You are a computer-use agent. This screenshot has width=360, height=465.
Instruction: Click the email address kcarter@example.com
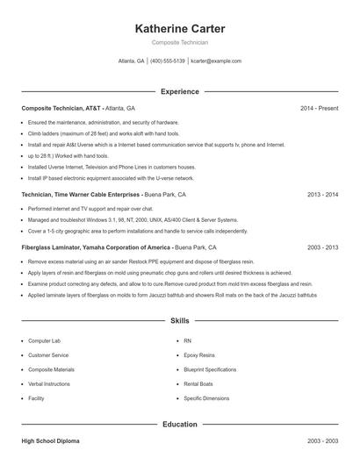[216, 61]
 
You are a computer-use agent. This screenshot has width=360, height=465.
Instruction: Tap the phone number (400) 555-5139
[167, 61]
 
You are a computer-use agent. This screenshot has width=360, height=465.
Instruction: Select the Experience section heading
[179, 91]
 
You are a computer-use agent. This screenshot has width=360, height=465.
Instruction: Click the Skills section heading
[179, 321]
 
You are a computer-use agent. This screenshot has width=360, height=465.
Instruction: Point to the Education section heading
[179, 424]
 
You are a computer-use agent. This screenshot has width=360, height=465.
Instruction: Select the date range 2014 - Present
[319, 108]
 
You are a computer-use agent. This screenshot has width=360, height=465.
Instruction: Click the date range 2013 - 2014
[322, 194]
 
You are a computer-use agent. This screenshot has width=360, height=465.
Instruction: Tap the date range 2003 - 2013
[322, 248]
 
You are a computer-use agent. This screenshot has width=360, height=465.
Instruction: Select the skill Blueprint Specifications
[210, 369]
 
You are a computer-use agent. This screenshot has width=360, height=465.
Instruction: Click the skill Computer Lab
[44, 340]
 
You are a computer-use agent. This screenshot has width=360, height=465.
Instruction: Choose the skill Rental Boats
[198, 384]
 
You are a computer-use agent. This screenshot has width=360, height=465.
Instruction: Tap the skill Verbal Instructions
[50, 384]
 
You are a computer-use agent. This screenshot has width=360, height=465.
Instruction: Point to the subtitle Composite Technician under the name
[179, 42]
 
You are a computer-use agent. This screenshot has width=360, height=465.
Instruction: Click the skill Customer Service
[48, 355]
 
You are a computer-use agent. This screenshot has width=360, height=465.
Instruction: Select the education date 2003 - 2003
[322, 440]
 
